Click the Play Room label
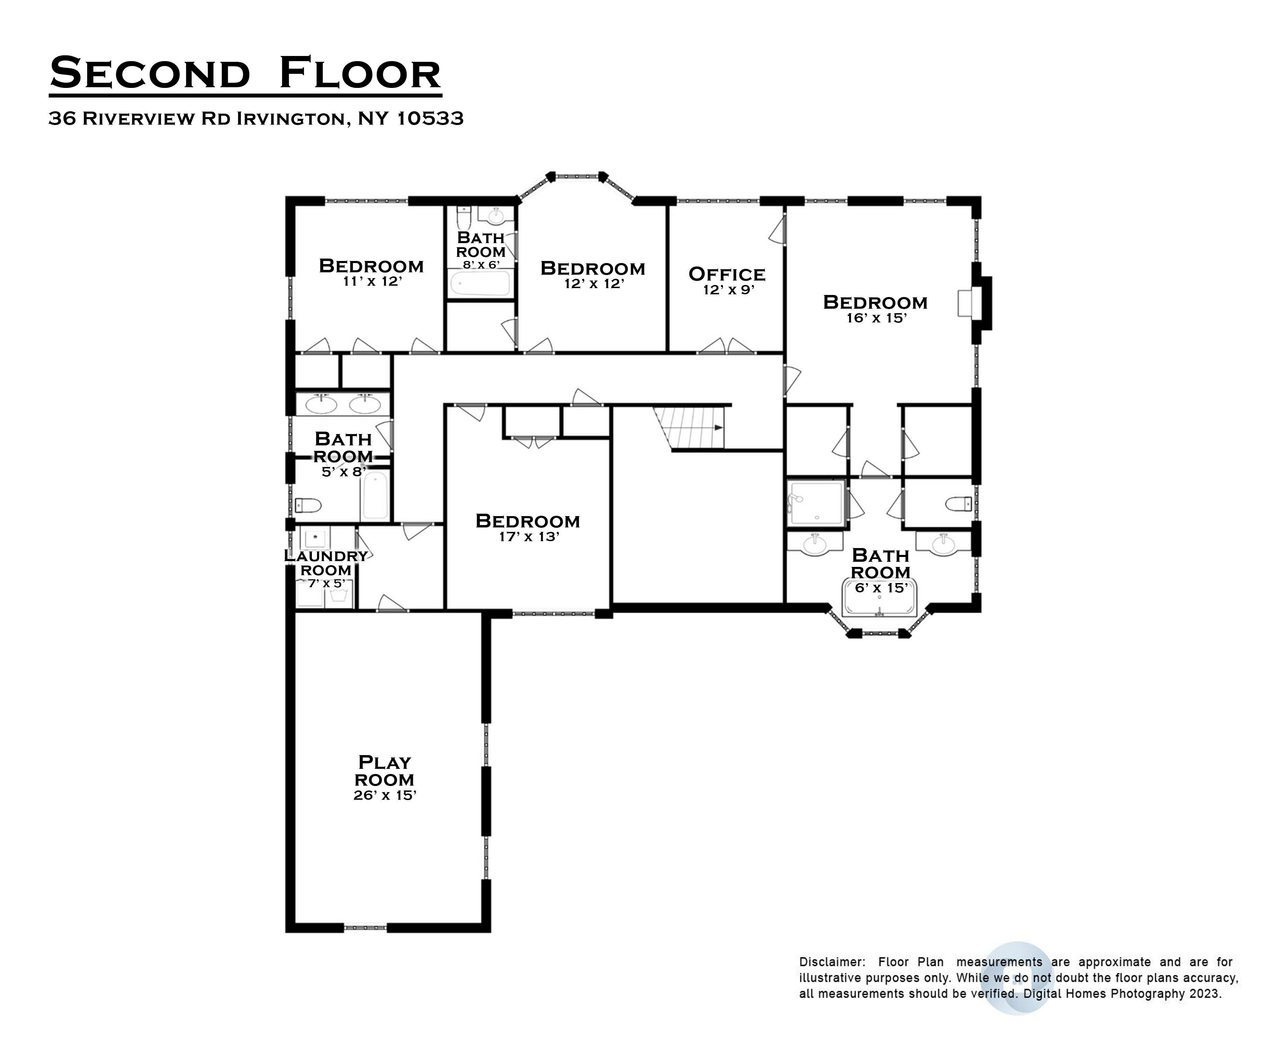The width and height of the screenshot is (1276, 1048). click(384, 771)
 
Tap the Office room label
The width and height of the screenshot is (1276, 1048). click(727, 274)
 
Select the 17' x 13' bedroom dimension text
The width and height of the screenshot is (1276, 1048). click(529, 537)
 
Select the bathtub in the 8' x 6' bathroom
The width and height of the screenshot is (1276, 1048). click(481, 283)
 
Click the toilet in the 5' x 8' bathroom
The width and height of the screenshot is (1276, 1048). click(308, 505)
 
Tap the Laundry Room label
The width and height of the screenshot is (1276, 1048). click(326, 563)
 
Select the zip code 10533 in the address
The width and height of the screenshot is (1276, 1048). click(430, 118)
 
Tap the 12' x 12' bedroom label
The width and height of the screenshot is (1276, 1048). click(592, 268)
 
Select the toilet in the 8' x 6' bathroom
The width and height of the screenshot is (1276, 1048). click(463, 217)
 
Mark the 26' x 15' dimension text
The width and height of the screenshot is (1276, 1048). click(385, 796)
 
